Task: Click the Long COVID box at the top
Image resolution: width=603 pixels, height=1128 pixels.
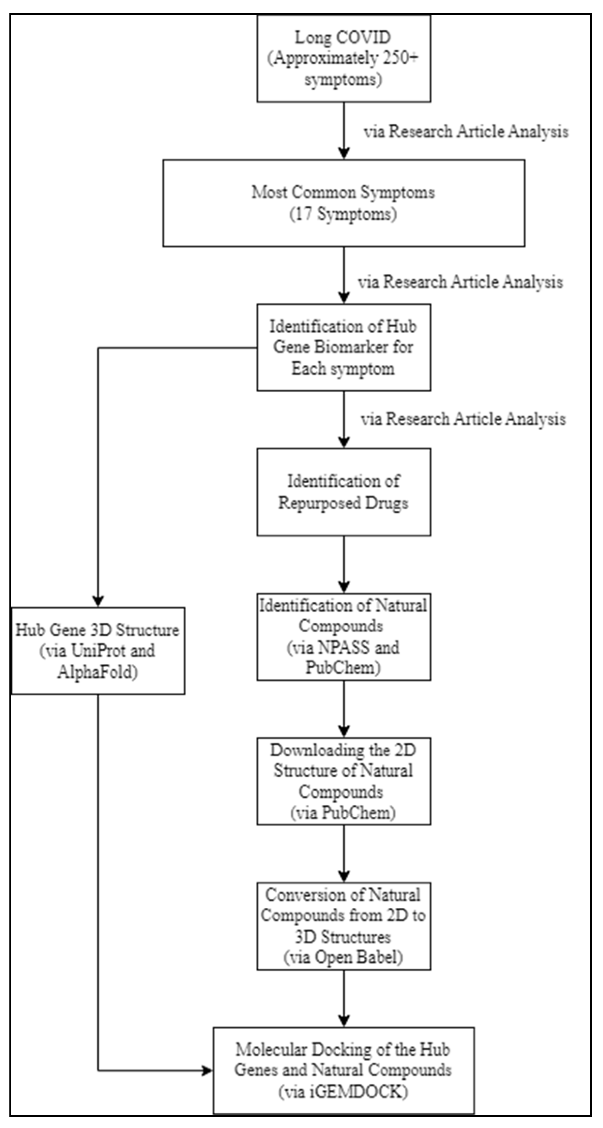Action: [344, 59]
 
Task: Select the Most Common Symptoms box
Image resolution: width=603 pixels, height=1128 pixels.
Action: [344, 203]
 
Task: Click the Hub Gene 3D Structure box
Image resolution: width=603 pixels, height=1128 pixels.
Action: [98, 651]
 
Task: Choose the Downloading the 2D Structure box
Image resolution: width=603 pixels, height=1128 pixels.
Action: [344, 781]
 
